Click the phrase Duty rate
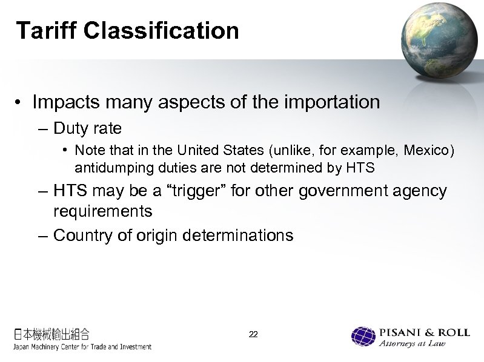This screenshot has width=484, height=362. (88, 128)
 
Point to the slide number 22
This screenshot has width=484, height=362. (253, 334)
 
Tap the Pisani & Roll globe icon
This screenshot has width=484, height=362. (364, 337)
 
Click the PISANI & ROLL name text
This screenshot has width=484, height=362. (423, 332)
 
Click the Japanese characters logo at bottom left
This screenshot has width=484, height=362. (52, 334)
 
